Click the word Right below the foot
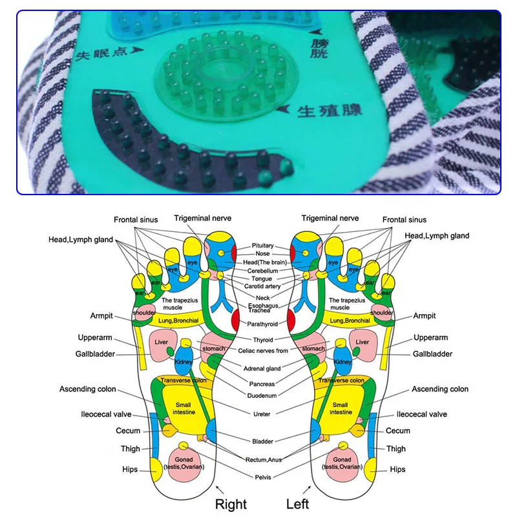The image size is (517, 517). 231,503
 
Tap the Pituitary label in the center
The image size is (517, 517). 263,246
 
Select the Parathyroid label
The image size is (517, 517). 262,324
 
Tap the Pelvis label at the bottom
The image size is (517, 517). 263,477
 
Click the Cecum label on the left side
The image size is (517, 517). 128,431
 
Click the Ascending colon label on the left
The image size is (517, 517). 88,389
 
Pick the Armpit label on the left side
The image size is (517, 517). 101,316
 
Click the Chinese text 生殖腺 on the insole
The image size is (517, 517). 330,111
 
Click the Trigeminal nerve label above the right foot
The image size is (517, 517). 202,218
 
